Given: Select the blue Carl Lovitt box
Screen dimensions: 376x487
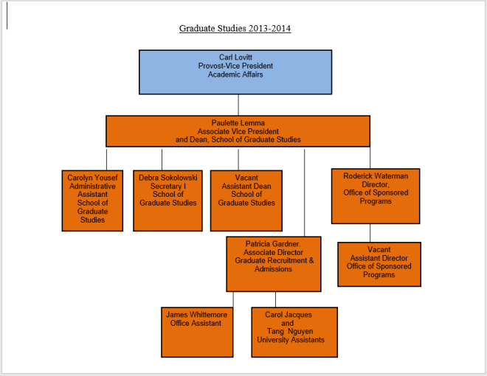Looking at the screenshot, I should click(238, 72).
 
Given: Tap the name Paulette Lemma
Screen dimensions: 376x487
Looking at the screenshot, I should click(238, 122).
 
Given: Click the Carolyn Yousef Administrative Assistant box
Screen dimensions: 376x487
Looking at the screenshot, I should click(92, 200).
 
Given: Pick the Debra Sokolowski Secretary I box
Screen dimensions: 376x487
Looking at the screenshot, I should click(167, 200).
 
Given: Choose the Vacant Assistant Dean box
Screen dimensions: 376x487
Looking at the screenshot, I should click(247, 200).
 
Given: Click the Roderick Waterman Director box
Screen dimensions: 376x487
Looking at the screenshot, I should click(376, 195).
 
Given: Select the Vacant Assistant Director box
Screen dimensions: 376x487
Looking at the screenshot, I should click(379, 264).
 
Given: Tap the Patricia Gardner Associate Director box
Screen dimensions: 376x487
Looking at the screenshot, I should click(274, 264).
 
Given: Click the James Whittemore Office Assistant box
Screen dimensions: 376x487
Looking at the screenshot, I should click(197, 332).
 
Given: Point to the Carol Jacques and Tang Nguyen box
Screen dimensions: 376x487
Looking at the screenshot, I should click(294, 332).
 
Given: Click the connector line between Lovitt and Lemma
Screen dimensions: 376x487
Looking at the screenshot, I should click(238, 104).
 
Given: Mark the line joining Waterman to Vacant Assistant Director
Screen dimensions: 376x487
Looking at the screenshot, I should click(370, 232).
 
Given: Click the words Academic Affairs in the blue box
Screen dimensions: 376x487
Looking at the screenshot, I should click(235, 74).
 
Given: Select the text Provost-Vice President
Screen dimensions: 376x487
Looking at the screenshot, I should click(235, 66).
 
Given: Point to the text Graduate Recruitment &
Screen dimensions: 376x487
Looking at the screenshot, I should click(274, 260).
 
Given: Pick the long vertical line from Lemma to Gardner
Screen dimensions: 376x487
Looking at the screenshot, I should click(304, 192).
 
